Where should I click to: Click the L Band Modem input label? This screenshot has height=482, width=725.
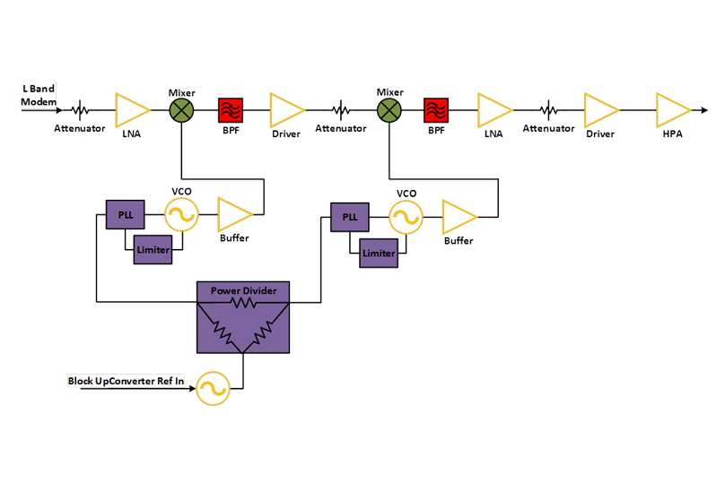click(x=39, y=95)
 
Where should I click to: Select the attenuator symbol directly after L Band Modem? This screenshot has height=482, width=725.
click(x=82, y=110)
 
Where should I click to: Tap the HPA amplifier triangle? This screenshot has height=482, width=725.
click(x=671, y=110)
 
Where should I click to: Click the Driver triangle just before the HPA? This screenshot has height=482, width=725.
click(x=600, y=110)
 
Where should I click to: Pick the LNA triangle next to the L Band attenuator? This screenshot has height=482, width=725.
click(x=132, y=110)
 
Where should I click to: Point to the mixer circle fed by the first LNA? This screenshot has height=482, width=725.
click(x=182, y=110)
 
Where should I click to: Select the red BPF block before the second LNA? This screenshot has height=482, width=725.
click(x=436, y=110)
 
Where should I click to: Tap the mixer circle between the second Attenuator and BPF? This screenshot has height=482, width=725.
click(x=389, y=110)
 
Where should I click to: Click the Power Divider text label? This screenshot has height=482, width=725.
click(x=243, y=291)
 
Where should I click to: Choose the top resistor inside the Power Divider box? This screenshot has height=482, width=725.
click(x=243, y=304)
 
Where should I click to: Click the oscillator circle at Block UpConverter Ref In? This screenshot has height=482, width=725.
click(x=214, y=387)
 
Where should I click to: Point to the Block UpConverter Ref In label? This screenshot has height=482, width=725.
click(x=127, y=381)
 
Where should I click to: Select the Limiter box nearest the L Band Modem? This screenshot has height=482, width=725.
click(x=152, y=250)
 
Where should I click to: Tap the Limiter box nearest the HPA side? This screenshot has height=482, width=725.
click(x=378, y=254)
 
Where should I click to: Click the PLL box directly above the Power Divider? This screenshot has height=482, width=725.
click(x=347, y=217)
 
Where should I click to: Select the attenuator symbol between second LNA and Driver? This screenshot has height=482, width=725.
click(x=549, y=110)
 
